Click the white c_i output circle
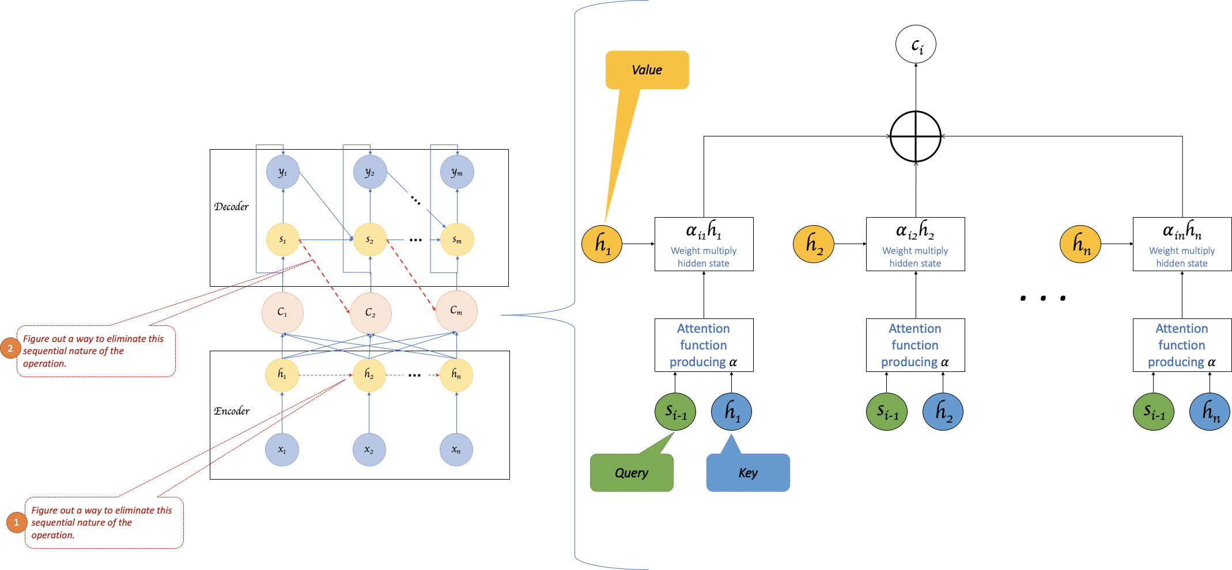tap(916, 44)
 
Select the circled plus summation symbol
tap(916, 136)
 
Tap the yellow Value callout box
tap(647, 70)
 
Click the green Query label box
tap(632, 473)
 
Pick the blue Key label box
tap(748, 473)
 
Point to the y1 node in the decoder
tap(283, 172)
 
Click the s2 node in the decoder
tap(370, 240)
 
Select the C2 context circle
tap(371, 313)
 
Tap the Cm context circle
tap(456, 311)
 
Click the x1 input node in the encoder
tap(282, 450)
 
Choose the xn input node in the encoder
tap(456, 450)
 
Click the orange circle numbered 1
tap(17, 522)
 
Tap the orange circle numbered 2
tap(10, 348)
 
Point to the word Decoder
tap(231, 207)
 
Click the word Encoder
tap(232, 411)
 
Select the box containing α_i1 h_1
tap(704, 244)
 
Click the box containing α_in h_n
tap(1182, 244)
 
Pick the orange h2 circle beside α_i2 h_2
tap(814, 244)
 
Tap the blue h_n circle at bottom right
tap(1210, 412)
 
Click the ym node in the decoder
tap(457, 172)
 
